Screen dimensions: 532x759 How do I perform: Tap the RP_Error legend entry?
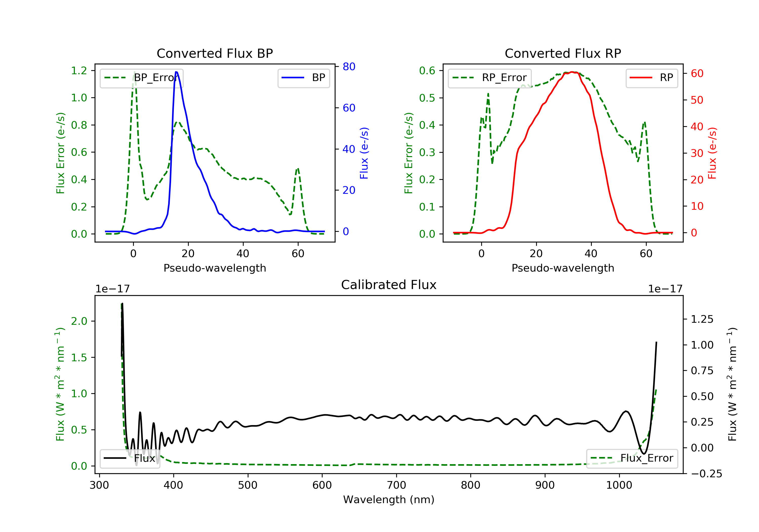(490, 78)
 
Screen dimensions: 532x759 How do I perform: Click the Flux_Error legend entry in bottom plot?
(632, 458)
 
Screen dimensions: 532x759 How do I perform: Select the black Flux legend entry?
(130, 458)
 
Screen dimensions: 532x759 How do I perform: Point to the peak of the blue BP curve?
(176, 72)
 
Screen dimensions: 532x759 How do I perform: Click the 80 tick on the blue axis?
(349, 67)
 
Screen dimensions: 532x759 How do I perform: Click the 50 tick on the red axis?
(697, 100)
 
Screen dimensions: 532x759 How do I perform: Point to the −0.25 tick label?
(706, 474)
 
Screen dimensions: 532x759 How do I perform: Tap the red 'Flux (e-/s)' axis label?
(712, 153)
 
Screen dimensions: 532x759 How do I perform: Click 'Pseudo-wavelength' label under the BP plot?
(215, 268)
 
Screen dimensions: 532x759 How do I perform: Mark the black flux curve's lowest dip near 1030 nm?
(644, 453)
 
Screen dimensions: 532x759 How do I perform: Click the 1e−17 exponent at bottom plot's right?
(665, 289)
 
